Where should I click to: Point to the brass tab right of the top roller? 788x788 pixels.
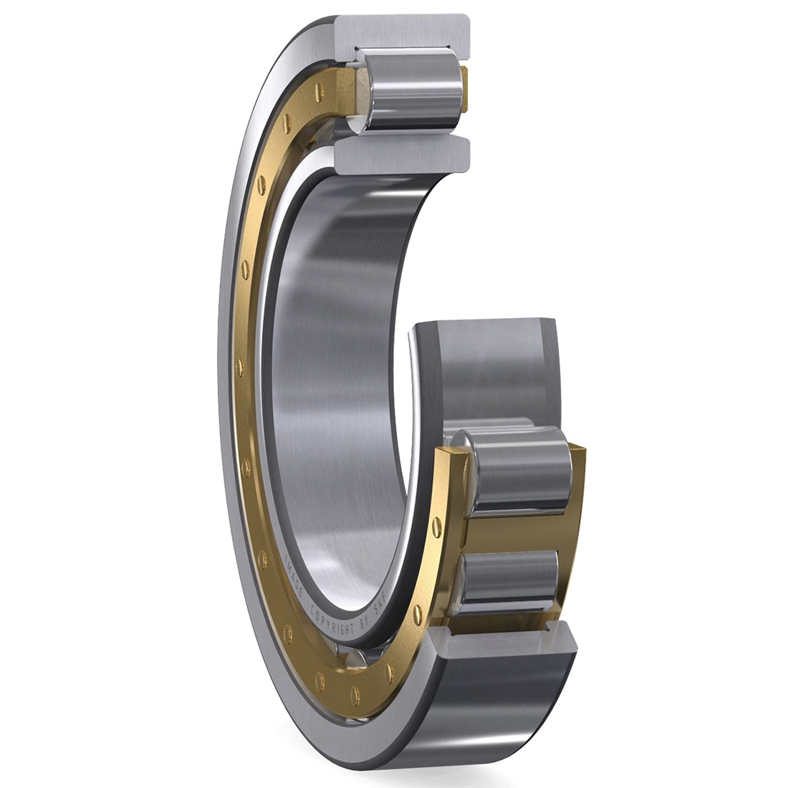click(x=464, y=86)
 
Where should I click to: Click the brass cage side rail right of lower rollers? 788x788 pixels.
click(x=573, y=530)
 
